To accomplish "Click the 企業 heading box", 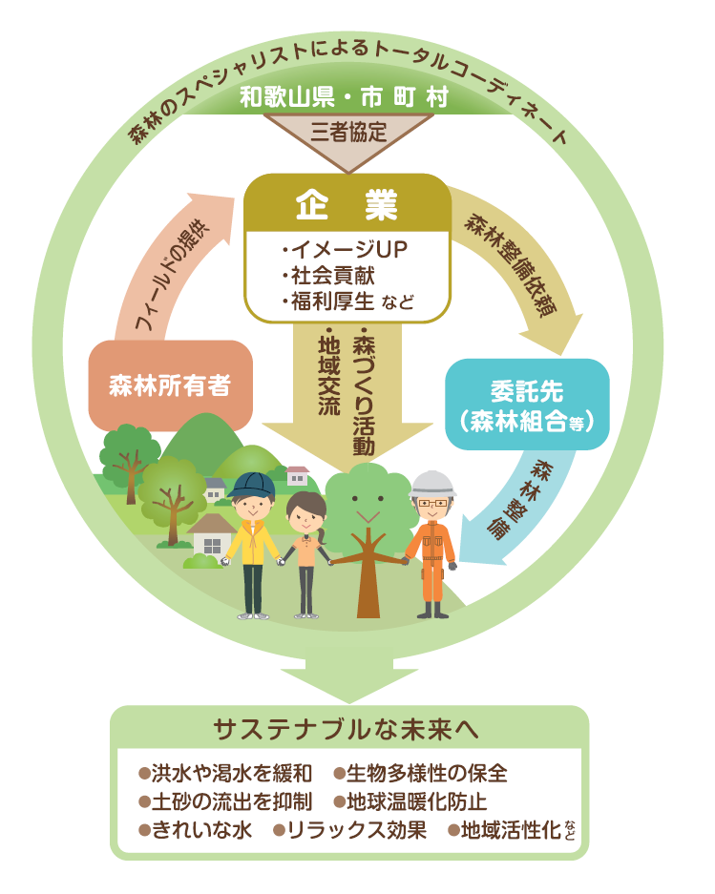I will [x=347, y=203].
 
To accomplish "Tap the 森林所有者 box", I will [x=170, y=385].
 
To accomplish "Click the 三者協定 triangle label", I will [x=348, y=133].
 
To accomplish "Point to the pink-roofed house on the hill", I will [x=298, y=474].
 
